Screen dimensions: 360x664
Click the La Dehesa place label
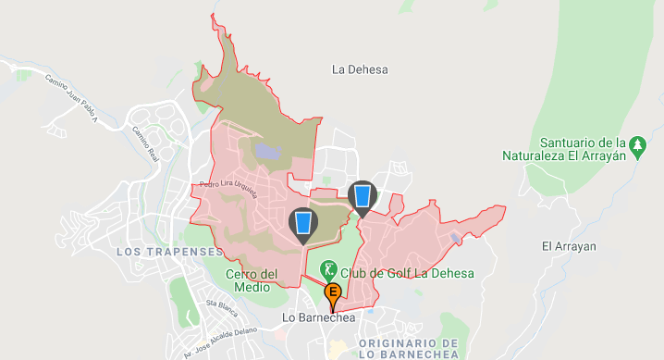(360, 69)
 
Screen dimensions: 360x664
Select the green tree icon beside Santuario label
(636, 144)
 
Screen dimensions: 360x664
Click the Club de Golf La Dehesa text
(407, 273)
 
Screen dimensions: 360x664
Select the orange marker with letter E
(333, 296)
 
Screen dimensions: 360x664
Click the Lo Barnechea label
(317, 318)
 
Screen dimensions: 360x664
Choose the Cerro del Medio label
(252, 279)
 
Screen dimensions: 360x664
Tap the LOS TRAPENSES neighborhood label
(170, 251)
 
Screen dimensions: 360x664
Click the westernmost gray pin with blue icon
(302, 224)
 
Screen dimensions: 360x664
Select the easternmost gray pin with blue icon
(363, 196)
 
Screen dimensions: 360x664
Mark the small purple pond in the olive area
(268, 150)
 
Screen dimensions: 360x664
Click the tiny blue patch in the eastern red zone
(455, 238)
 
